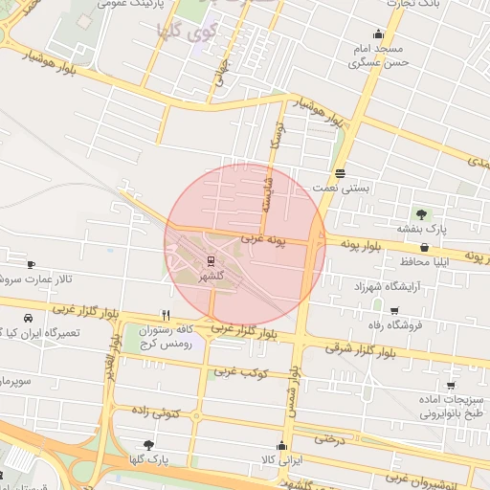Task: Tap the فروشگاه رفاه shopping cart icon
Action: pos(393,310)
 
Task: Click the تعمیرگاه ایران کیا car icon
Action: pos(27,319)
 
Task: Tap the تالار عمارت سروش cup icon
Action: pos(31,263)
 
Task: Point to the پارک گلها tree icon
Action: pos(147,445)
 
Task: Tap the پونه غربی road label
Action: pos(263,237)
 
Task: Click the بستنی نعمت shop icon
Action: pos(341,173)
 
